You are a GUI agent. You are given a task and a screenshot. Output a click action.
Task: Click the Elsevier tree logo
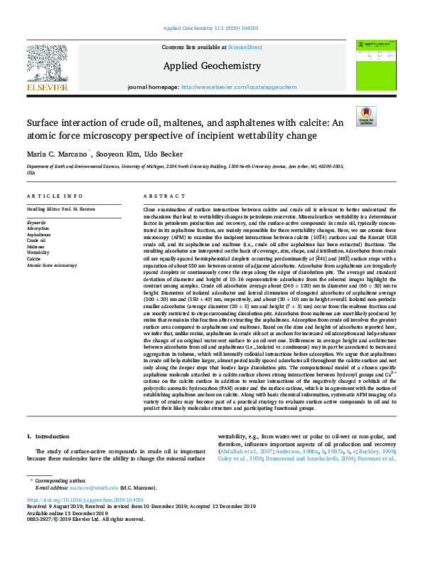coord(47,65)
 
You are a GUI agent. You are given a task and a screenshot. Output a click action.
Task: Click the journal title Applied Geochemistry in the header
coord(211,65)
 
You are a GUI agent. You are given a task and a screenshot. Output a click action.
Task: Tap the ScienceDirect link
coord(245,47)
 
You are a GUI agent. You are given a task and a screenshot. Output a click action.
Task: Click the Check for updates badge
coord(366,115)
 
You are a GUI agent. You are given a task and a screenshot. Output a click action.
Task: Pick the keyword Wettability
coord(38,253)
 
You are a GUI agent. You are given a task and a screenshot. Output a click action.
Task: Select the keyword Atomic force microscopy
coord(52,264)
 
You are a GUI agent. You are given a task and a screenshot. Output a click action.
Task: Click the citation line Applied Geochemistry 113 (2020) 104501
coord(211,28)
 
